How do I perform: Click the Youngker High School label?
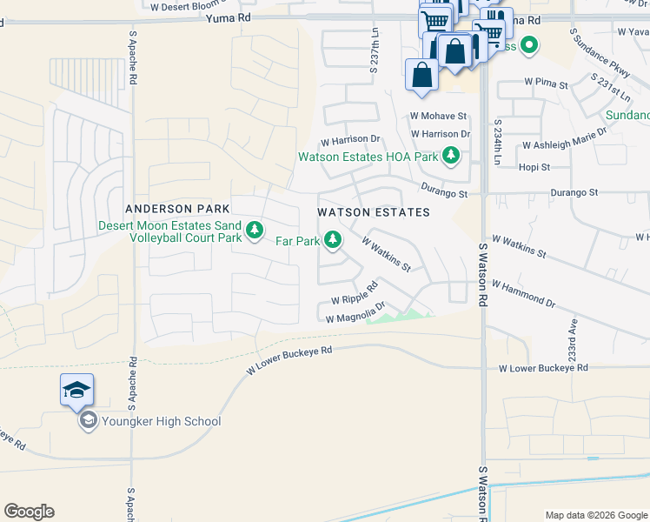158,422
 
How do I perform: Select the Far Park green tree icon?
332,239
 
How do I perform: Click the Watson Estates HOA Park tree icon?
450,157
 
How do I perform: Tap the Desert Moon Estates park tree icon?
255,231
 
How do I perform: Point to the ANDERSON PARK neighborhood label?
177,209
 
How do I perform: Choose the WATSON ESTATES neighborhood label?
374,212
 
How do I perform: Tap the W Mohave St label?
439,116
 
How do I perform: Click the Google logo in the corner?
30,512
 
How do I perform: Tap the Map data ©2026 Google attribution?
595,515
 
